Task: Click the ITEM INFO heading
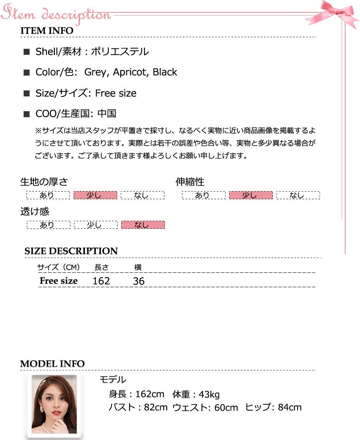[x=47, y=31]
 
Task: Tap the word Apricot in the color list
[x=130, y=72]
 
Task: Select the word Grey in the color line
[x=96, y=72]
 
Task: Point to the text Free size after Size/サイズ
[x=116, y=93]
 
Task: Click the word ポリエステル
[x=120, y=52]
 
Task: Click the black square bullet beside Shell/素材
[x=27, y=52]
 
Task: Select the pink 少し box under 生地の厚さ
[x=96, y=195]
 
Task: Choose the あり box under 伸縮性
[x=204, y=195]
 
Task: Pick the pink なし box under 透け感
[x=143, y=225]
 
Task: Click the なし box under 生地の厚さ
[x=142, y=195]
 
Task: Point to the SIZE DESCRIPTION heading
[x=71, y=251]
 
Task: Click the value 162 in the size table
[x=101, y=281]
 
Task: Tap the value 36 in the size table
[x=138, y=281]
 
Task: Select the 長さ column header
[x=101, y=268]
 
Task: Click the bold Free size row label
[x=58, y=281]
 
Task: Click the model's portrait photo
[x=54, y=404]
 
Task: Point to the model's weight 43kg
[x=209, y=394]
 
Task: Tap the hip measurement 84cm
[x=290, y=407]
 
